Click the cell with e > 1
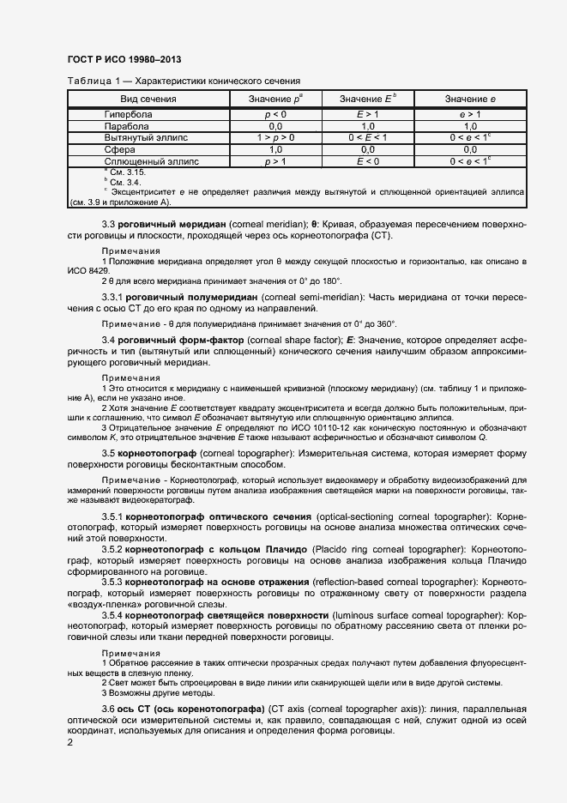(469, 114)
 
